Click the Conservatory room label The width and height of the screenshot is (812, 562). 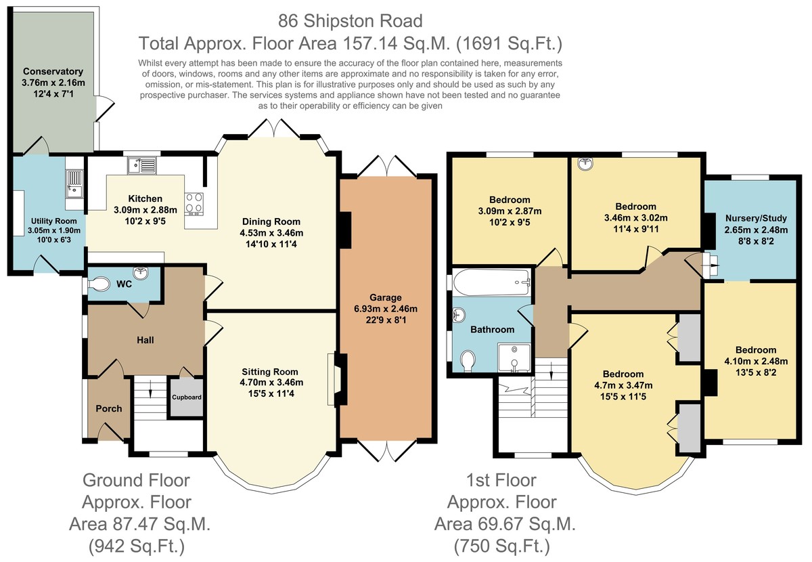coord(53,72)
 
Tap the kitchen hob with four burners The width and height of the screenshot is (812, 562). coord(194,204)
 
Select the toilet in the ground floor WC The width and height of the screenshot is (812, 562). coord(99,284)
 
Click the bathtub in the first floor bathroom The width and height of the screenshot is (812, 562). coord(492,282)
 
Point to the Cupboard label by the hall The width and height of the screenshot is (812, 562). coord(187,397)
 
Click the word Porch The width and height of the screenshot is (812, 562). coord(109,408)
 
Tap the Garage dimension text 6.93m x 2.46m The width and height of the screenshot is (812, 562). coord(385,309)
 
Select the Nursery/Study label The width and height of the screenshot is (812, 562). coord(756,219)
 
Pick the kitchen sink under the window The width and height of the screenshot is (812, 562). coord(141,165)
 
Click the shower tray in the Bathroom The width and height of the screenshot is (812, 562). coord(514,358)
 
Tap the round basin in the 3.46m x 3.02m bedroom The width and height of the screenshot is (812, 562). coord(585,164)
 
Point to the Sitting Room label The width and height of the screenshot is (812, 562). coord(270,372)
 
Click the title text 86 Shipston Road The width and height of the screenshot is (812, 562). coord(351,21)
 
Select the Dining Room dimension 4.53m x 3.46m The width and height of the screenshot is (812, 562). coord(271,233)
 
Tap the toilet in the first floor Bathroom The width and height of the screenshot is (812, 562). coord(468,361)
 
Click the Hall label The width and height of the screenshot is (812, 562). coord(145,340)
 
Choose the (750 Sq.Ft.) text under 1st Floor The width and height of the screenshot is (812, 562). coord(501,546)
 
